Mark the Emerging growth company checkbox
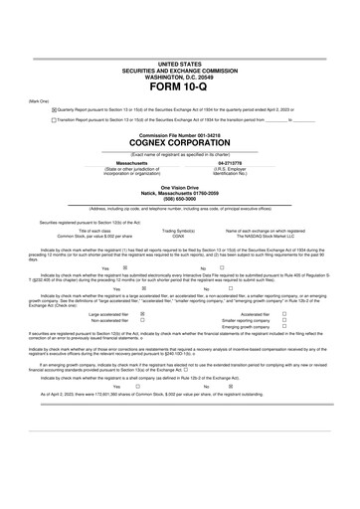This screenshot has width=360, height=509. click(x=283, y=356)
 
